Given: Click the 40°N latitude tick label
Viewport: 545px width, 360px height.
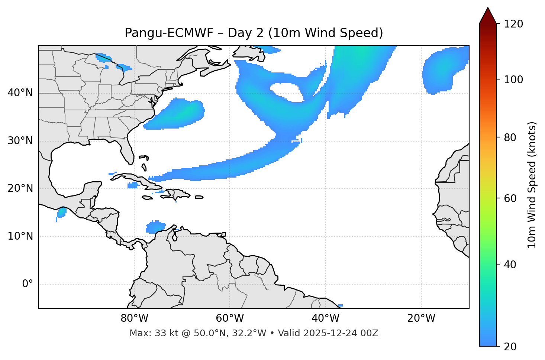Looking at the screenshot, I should coord(20,93).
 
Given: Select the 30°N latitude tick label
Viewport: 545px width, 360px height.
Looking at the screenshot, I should coord(20,141).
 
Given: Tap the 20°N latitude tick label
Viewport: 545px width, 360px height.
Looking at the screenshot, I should coord(20,189).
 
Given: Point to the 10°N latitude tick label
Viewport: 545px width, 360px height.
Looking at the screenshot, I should coord(20,236).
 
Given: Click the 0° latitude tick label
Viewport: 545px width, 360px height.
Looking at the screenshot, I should coord(28,284).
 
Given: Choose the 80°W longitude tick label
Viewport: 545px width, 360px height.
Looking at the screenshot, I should coord(134,318).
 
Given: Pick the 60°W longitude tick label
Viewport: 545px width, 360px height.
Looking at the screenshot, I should coord(230,318).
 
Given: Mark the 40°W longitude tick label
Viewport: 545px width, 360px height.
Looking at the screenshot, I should coord(325,318).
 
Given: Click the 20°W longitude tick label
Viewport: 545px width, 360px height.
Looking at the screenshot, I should coord(421,318).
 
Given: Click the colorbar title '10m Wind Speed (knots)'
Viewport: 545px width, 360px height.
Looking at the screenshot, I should coord(532,185).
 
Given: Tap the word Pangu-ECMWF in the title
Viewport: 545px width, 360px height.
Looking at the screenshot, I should coord(169,33).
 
